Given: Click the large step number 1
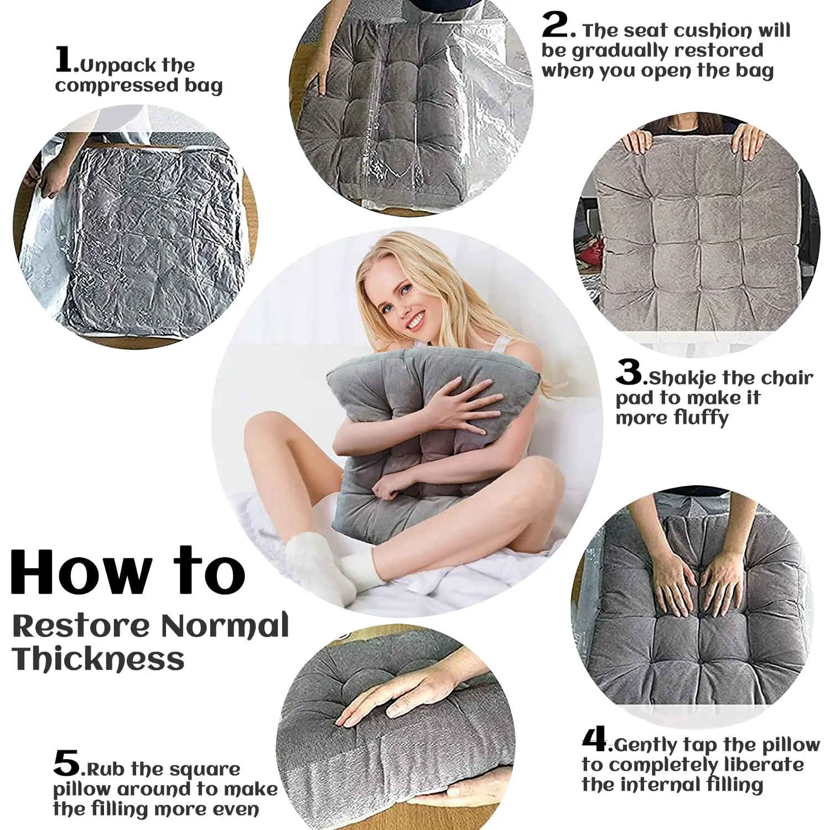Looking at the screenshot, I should tap(64, 60).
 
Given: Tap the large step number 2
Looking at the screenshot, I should tap(555, 25).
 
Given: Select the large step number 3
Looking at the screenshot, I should tap(629, 372).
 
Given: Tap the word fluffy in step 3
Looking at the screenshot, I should tap(700, 418).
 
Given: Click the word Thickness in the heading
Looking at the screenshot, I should tap(98, 659).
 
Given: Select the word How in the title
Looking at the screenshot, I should tap(81, 572).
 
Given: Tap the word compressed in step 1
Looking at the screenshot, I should tap(116, 86).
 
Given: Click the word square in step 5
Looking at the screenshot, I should tap(205, 769).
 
